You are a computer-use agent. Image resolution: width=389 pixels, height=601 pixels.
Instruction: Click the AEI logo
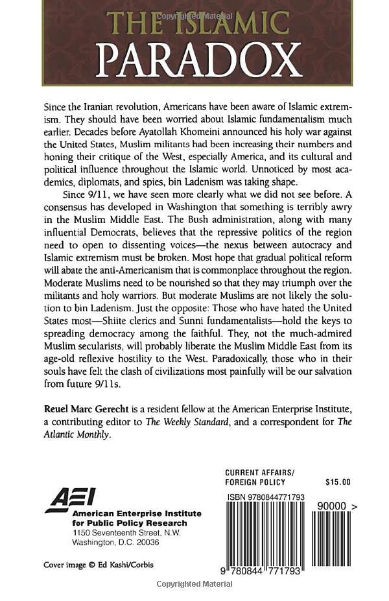(69, 499)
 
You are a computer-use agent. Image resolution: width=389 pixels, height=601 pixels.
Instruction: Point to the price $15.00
(337, 482)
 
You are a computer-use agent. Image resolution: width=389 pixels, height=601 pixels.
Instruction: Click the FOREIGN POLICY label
(256, 482)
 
